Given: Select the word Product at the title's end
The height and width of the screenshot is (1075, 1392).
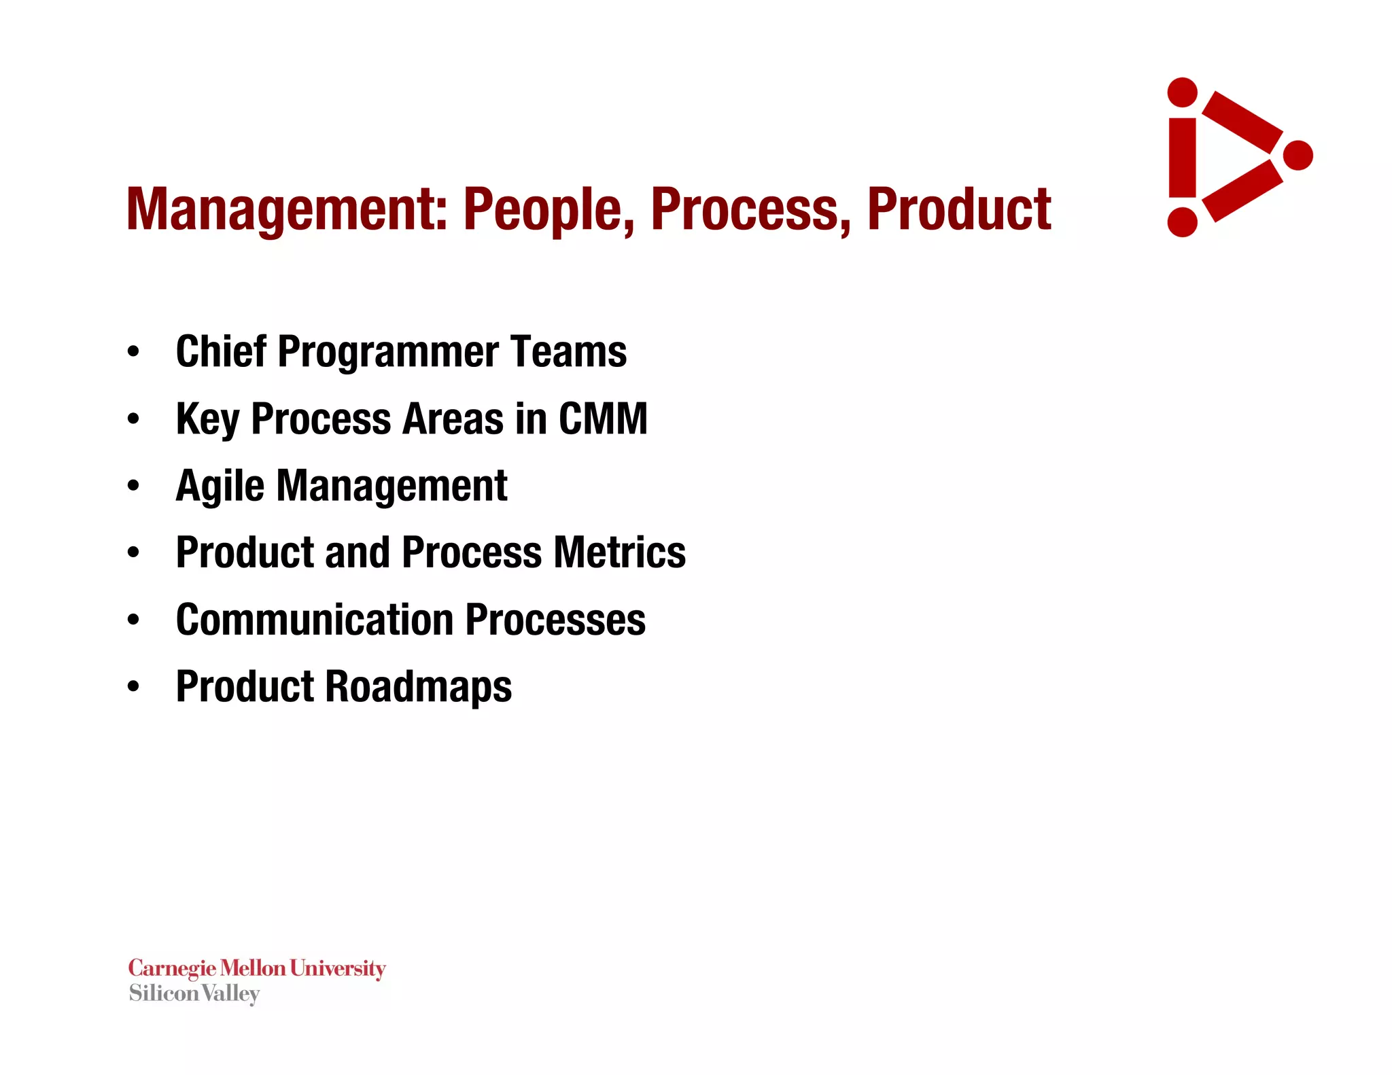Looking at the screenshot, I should tap(959, 209).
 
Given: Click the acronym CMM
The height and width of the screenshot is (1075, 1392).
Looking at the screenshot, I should tap(603, 418).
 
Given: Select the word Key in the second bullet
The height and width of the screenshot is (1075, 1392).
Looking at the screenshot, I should tap(207, 419).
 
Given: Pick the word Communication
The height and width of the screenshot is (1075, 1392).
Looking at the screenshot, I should tap(315, 619).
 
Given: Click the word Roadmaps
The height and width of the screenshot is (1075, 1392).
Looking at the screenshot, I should tap(419, 686).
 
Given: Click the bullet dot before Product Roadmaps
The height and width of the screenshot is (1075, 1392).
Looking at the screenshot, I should tap(133, 686).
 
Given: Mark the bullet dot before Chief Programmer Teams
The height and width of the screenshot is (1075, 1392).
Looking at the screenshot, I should tap(133, 351).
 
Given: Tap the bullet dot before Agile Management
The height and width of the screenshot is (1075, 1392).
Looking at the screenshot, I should tap(133, 486).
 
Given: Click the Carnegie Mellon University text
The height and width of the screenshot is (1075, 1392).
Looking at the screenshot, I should tap(257, 968).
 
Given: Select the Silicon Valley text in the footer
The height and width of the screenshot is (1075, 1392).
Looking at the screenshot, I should tap(194, 993).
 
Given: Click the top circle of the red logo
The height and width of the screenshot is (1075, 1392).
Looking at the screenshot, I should tap(1182, 92).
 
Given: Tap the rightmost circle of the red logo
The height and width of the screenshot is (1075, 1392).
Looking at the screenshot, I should tap(1298, 156).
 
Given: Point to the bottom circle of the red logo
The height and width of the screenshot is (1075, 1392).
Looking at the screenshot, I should tap(1182, 222).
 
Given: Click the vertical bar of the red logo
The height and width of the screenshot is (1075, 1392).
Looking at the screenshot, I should tap(1183, 158).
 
